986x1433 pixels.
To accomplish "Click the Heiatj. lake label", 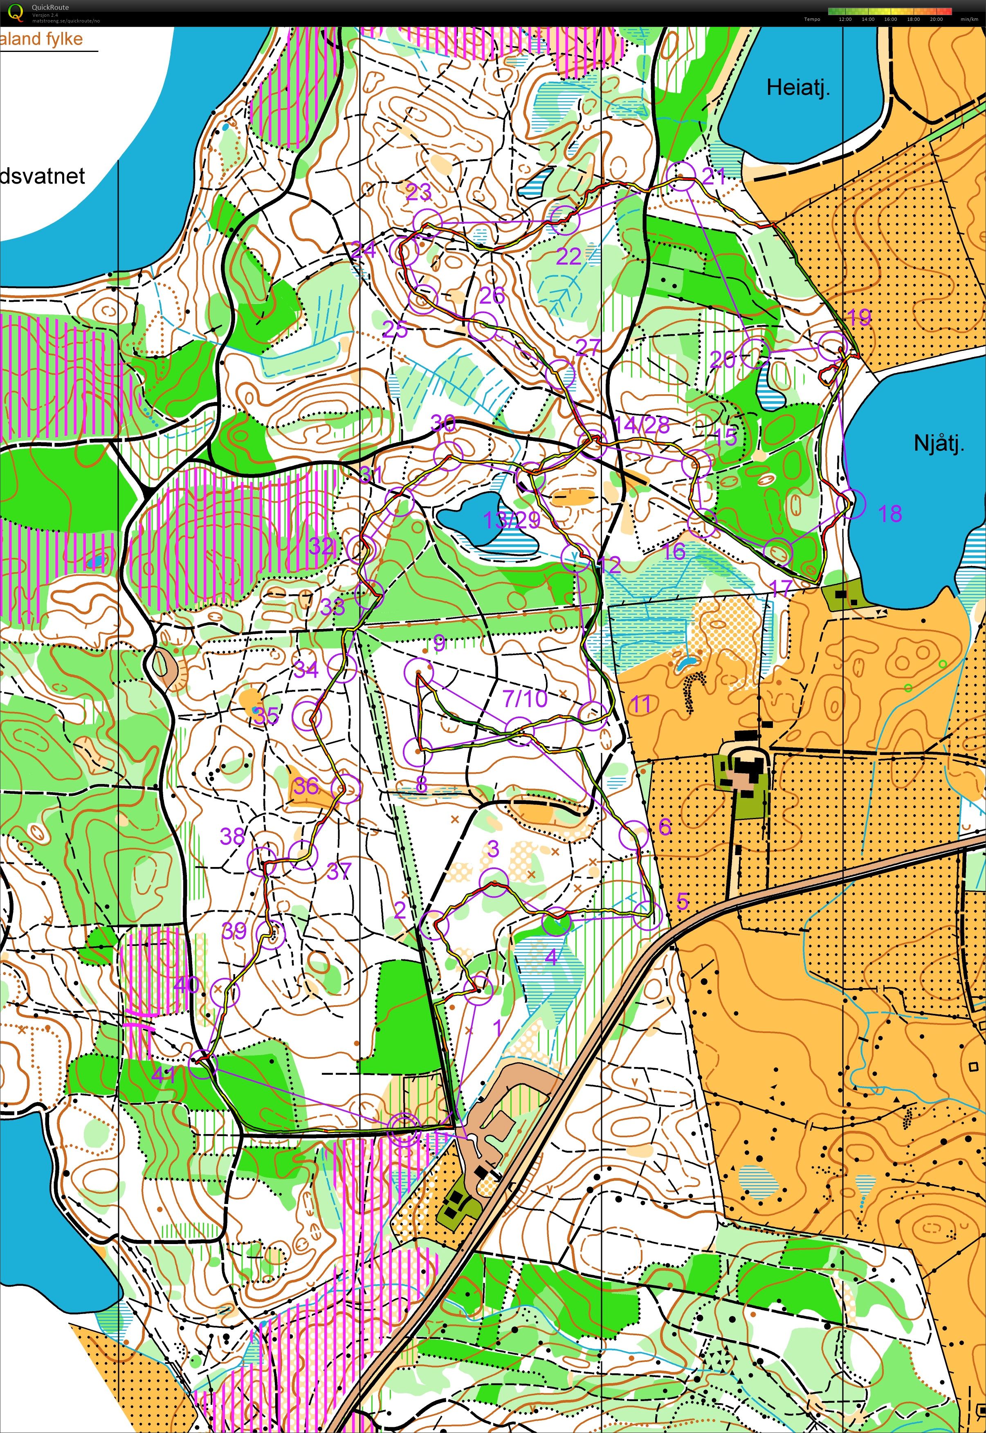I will click(798, 88).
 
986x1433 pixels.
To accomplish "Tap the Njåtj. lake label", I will click(939, 443).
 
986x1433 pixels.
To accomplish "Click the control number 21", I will click(714, 176).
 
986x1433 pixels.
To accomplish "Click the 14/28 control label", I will click(642, 425).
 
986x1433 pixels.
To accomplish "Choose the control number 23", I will click(418, 193).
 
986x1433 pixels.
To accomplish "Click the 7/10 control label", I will click(525, 699).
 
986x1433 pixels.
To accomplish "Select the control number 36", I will click(305, 786).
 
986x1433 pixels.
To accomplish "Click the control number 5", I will click(682, 901).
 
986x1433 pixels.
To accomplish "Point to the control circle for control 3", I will click(494, 881).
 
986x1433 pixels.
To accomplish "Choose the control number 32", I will click(321, 546).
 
